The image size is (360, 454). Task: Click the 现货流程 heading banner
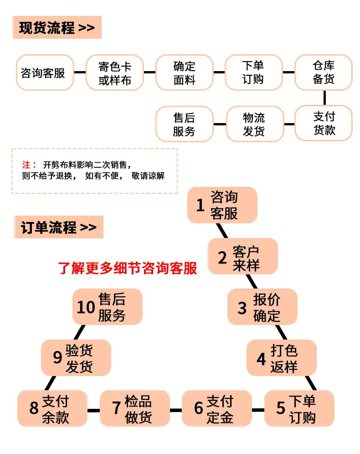(57, 27)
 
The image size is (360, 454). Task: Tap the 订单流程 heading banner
(58, 227)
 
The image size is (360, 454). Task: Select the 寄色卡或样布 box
(115, 72)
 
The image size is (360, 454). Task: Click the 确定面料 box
(185, 72)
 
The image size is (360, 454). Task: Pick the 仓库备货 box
(324, 72)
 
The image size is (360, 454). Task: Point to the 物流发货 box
(254, 124)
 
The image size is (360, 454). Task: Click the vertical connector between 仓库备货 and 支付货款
(324, 98)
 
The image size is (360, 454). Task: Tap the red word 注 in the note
(26, 165)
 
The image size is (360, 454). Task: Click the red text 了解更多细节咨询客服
(128, 268)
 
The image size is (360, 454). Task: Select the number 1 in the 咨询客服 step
(200, 205)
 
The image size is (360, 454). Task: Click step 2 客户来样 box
(243, 256)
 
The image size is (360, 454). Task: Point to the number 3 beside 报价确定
(242, 308)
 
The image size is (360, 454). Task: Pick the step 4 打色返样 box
(282, 358)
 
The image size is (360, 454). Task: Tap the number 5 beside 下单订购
(281, 408)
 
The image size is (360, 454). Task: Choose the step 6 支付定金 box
(217, 408)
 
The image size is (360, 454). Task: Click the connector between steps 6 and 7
(175, 410)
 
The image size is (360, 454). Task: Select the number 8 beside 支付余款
(34, 408)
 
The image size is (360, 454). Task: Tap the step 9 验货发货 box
(76, 358)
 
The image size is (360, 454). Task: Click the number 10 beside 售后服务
(86, 307)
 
